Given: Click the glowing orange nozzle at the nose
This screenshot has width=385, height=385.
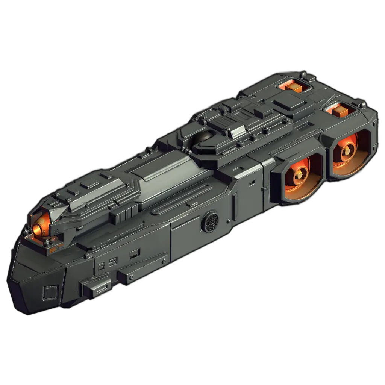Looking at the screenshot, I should (38, 228).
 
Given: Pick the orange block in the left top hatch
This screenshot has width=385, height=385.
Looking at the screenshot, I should (294, 88).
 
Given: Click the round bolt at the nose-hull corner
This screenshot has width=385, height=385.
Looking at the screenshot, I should (88, 256).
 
